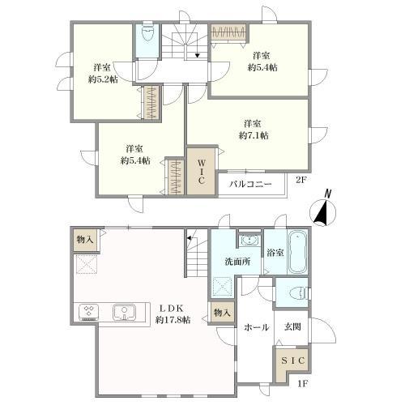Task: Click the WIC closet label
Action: (201, 172)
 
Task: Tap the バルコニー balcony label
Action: (250, 185)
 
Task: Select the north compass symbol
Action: (322, 208)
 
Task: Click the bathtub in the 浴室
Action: (298, 253)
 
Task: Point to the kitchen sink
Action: (124, 313)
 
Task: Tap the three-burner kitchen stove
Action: (89, 313)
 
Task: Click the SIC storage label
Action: (293, 360)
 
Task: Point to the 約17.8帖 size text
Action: (173, 320)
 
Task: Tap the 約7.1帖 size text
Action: (254, 135)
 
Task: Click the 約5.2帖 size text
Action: (103, 79)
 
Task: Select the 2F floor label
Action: (301, 180)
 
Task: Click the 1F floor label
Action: (302, 383)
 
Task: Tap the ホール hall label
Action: (257, 327)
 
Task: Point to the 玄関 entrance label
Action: (292, 327)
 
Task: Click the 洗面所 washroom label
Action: (237, 262)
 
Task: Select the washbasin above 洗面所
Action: (249, 240)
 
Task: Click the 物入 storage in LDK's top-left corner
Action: (85, 239)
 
